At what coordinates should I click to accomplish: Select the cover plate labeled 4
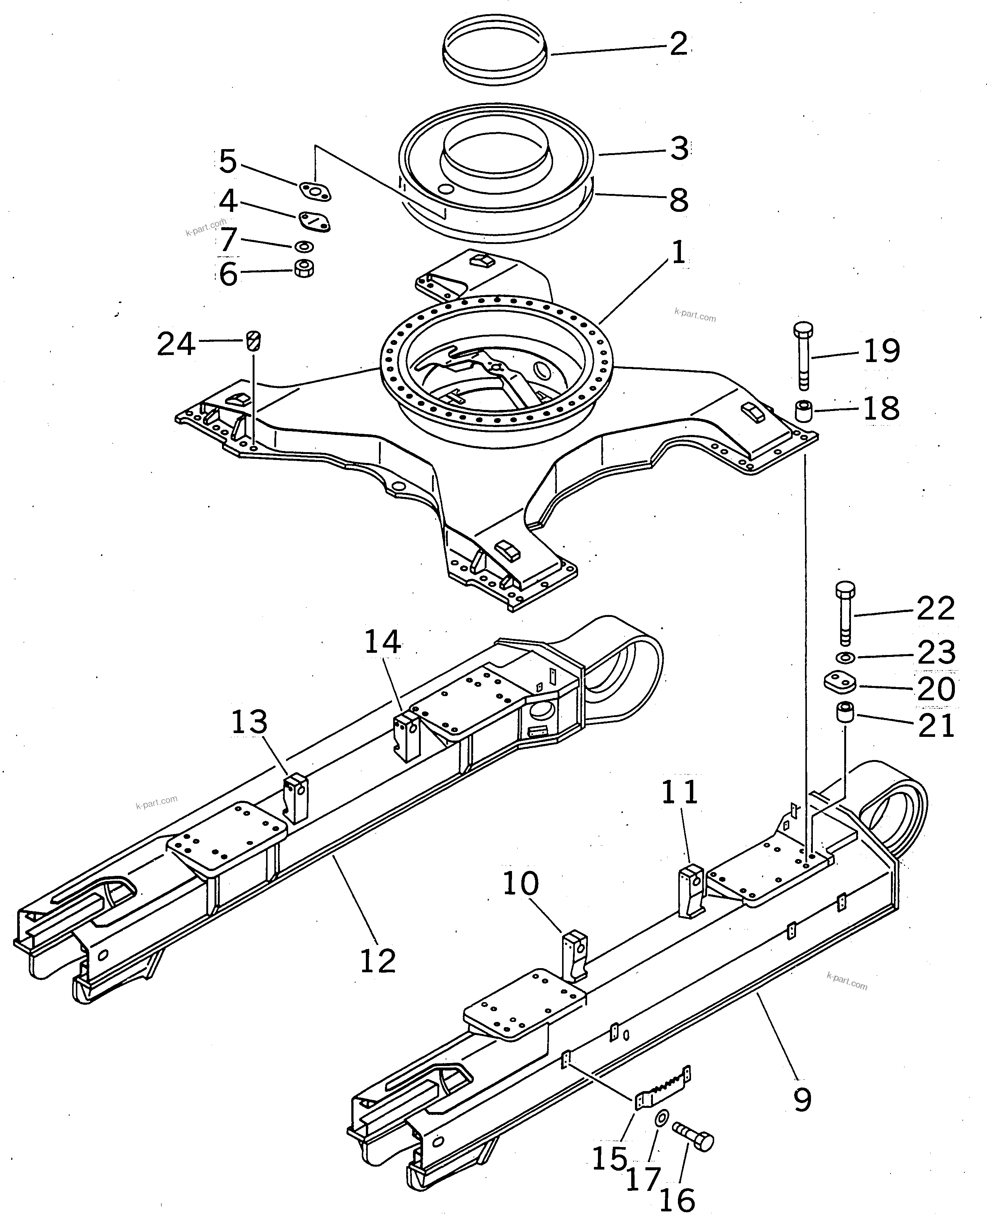314,222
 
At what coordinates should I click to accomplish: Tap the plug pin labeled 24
254,341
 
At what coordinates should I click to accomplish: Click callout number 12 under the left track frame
377,961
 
